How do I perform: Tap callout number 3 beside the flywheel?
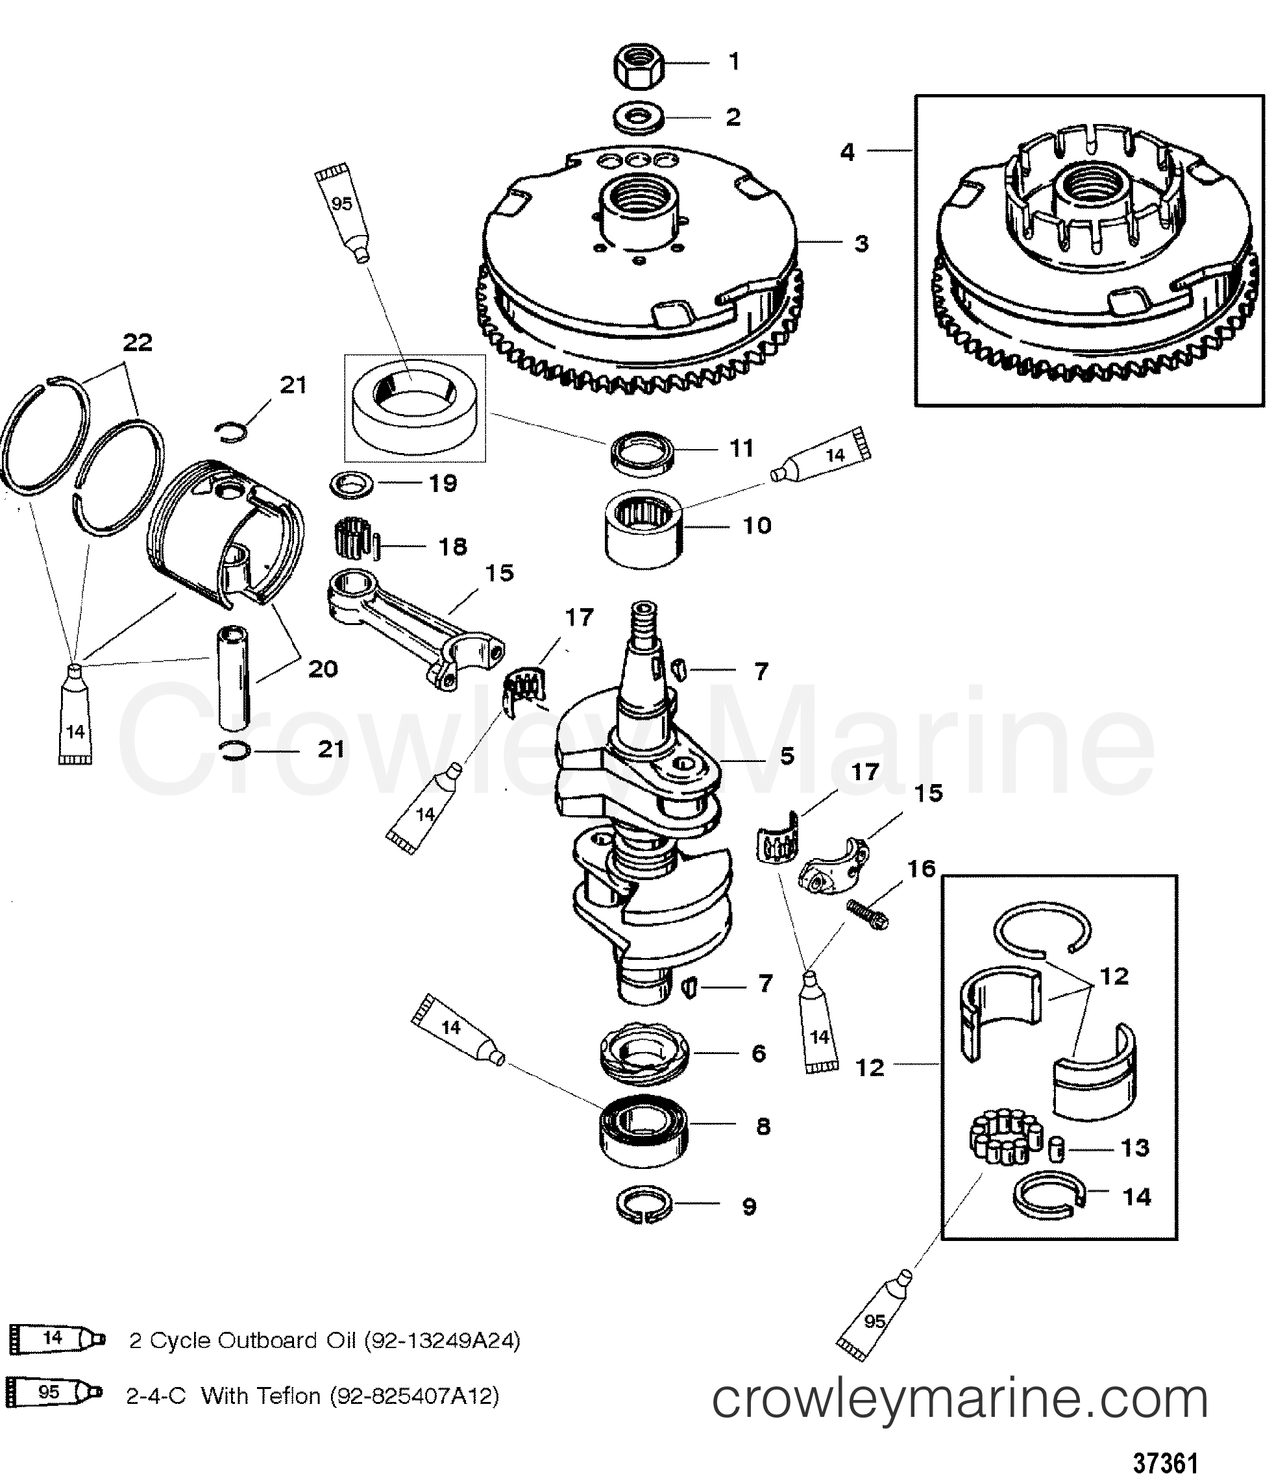point(861,243)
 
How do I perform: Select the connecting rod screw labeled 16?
point(867,913)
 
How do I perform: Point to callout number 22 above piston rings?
point(138,343)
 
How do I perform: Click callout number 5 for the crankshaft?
point(787,755)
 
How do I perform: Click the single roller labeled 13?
point(1058,1148)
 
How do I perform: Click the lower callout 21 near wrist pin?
point(331,749)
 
